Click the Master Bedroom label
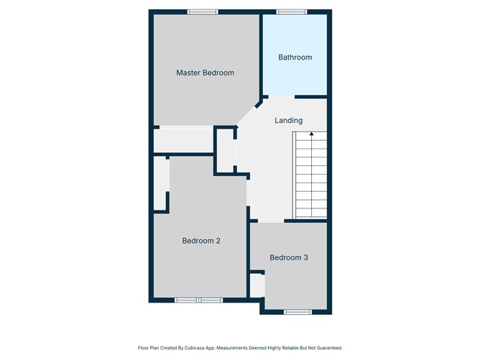tap(205, 73)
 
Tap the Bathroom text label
tap(295, 57)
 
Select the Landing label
tap(288, 121)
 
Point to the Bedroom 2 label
tap(200, 241)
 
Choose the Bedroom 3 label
tap(289, 257)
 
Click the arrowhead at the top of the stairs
tap(311, 133)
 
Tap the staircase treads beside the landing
tap(310, 176)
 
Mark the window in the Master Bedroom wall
tap(203, 11)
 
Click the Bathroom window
tap(292, 11)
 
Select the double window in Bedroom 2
tap(199, 300)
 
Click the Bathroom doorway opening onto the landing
tap(281, 96)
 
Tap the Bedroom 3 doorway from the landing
tap(271, 221)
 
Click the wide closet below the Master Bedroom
tap(184, 139)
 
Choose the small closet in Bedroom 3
tap(257, 284)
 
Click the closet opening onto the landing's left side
tap(226, 150)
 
